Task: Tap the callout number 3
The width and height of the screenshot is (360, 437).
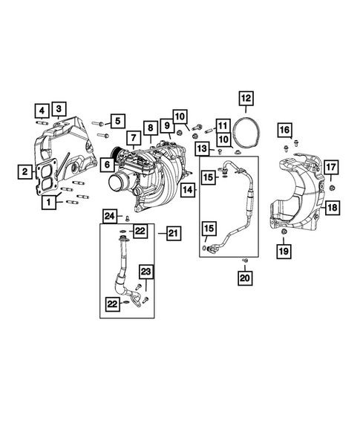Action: [x=59, y=109]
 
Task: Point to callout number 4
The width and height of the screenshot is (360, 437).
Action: [x=41, y=110]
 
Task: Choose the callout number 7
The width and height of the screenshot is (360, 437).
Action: [x=131, y=138]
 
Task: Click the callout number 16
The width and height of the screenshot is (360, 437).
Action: [x=284, y=131]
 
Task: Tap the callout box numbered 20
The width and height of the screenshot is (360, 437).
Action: [x=244, y=278]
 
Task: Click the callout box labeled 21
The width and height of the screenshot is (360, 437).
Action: [x=172, y=234]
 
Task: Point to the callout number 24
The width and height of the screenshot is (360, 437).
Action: [x=109, y=216]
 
